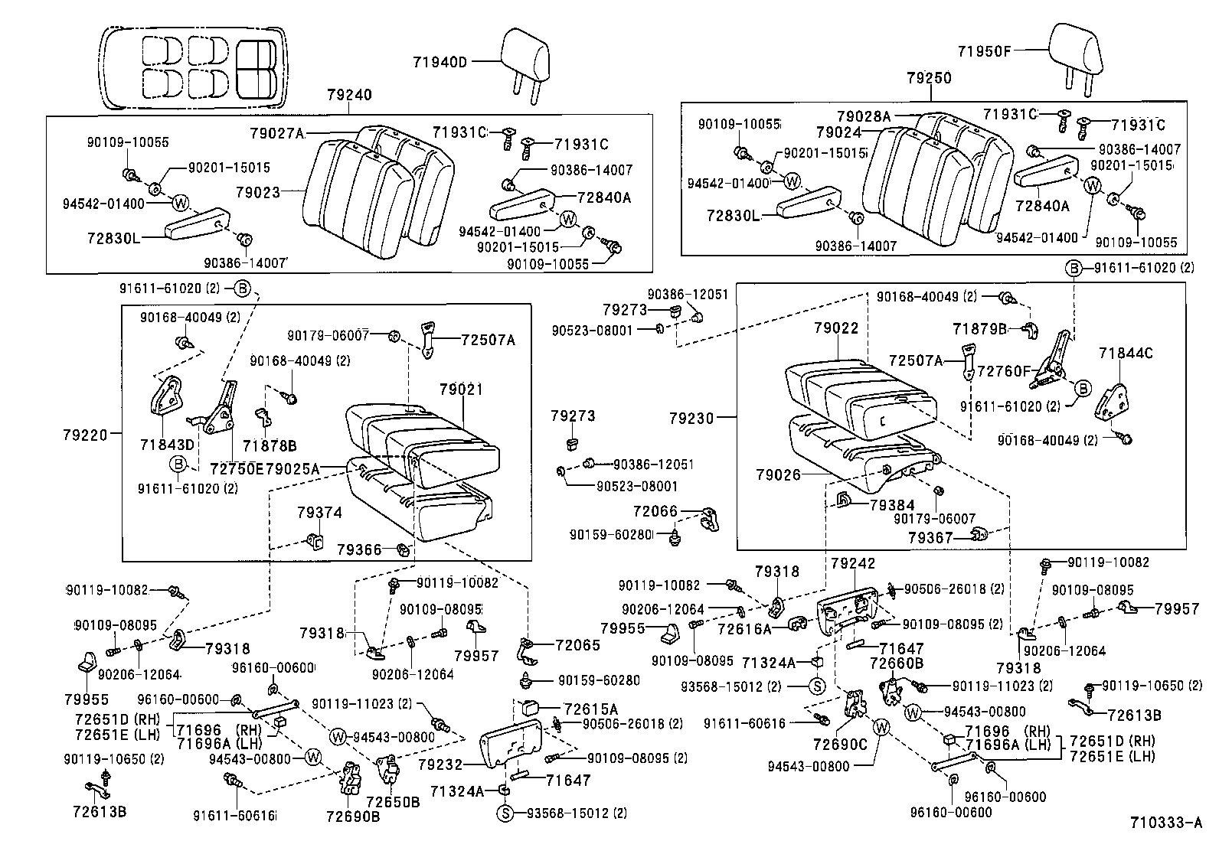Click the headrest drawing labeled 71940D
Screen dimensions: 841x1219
point(525,57)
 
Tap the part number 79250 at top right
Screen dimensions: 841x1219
point(929,79)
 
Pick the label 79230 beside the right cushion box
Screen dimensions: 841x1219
point(691,419)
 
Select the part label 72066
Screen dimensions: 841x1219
point(655,511)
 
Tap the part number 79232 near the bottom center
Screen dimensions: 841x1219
point(442,764)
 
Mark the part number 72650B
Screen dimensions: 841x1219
point(393,802)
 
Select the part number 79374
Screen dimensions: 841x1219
point(319,513)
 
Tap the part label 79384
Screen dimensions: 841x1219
point(892,505)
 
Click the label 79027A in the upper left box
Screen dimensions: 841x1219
point(276,133)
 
